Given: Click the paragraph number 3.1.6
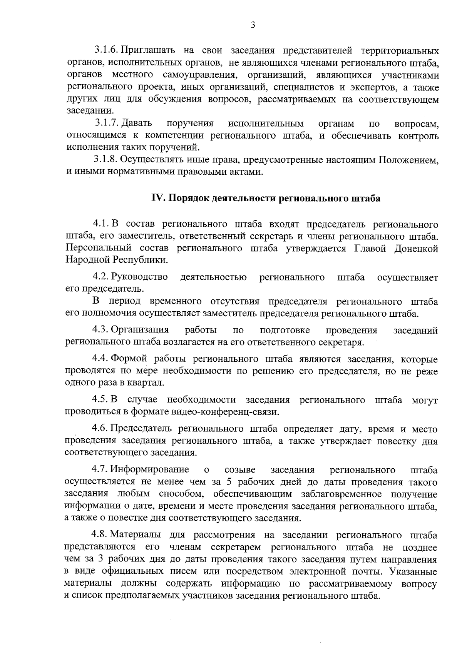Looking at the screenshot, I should (105, 50).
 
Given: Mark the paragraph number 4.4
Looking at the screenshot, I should (100, 359).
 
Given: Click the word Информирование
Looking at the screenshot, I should (150, 470).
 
